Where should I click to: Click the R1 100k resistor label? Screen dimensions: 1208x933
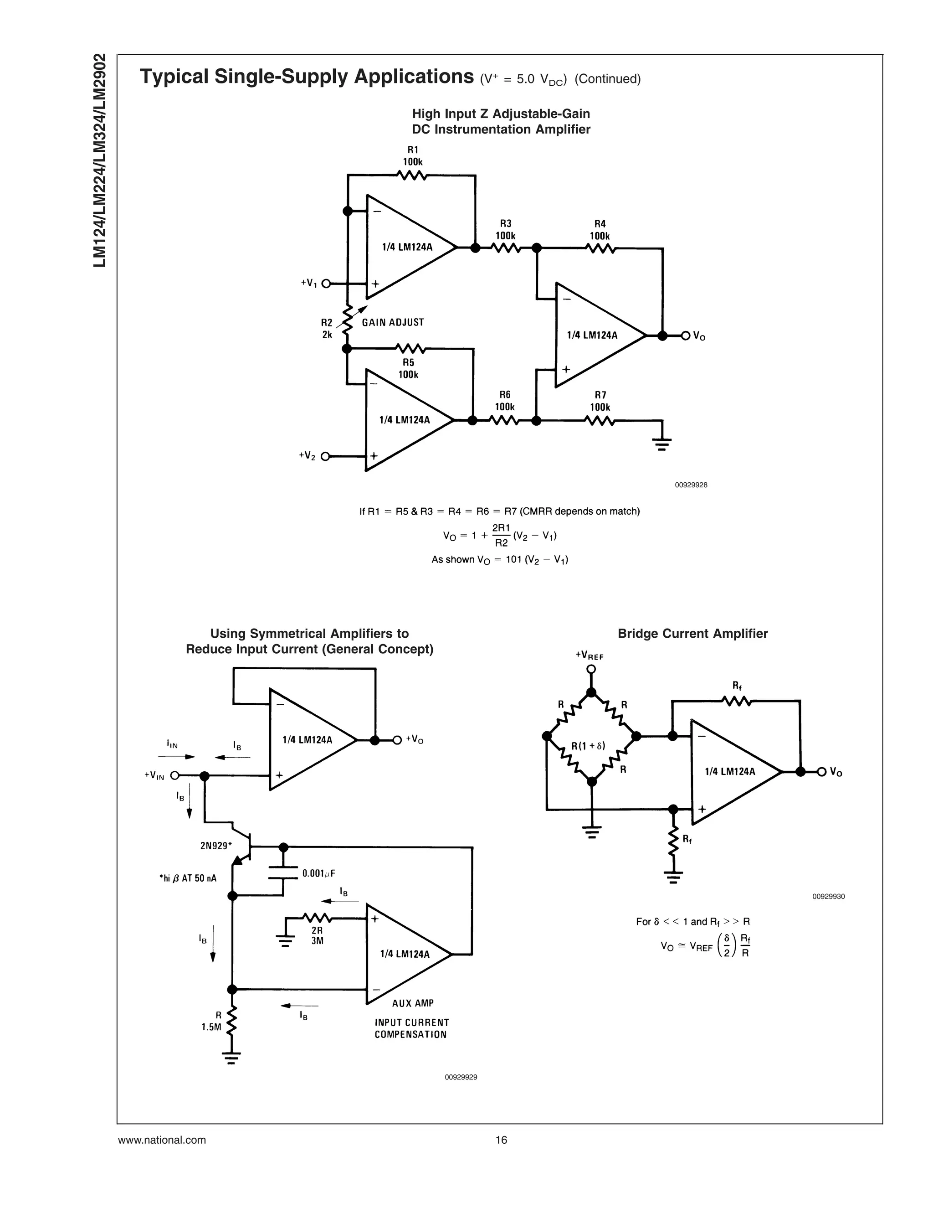coord(412,156)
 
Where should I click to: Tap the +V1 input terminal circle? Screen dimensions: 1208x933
coord(326,284)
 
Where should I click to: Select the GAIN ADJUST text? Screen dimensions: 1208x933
coord(393,322)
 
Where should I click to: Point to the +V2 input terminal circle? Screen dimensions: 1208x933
coord(325,456)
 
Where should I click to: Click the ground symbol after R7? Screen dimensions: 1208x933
coord(661,443)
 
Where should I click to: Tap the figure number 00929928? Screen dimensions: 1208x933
coord(690,485)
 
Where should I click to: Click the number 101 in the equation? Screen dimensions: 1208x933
coord(513,560)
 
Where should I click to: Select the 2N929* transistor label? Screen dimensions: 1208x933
coord(216,845)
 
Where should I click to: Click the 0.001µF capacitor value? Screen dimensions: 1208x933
coord(318,873)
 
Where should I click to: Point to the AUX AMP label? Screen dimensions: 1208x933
coord(413,1003)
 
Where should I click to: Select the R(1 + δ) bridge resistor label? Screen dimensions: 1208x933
coord(588,746)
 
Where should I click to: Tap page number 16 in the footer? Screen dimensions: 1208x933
coord(501,1140)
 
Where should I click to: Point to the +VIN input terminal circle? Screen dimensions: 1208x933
coord(174,775)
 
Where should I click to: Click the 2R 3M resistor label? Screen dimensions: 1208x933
coord(317,935)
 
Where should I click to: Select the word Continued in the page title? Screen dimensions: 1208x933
coord(607,79)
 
